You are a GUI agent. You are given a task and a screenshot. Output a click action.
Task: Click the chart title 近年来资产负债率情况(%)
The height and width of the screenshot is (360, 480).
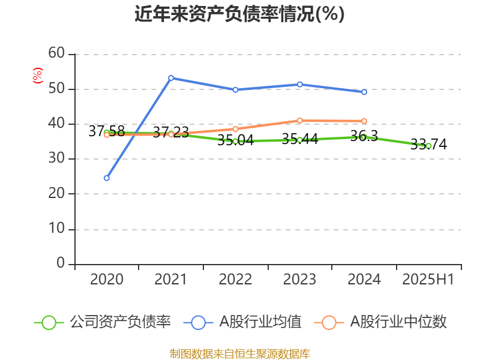240,14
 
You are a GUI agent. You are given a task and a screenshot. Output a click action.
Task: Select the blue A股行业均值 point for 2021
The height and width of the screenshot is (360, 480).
171,77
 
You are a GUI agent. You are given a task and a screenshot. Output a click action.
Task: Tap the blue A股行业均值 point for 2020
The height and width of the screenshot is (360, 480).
107,178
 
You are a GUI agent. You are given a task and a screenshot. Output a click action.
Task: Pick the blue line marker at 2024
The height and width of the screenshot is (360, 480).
364,92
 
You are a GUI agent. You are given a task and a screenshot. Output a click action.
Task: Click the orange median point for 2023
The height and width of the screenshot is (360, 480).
300,121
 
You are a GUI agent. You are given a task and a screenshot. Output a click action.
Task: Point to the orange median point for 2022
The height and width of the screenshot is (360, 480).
235,129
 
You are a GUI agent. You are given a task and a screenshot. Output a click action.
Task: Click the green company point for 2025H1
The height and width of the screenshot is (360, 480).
428,146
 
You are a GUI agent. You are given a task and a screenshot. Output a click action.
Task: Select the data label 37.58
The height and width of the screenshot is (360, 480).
106,131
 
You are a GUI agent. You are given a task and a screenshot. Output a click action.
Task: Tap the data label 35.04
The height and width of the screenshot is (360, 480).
235,140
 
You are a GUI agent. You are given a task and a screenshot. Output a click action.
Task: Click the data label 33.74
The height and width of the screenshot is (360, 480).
428,144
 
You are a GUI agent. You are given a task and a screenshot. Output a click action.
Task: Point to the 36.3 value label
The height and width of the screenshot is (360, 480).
364,136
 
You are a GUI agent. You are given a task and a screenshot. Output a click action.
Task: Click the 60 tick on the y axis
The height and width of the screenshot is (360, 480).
56,54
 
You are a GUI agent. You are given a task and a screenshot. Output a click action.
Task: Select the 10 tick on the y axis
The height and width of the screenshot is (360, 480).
56,229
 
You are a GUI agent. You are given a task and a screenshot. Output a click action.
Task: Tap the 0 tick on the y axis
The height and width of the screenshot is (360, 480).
61,264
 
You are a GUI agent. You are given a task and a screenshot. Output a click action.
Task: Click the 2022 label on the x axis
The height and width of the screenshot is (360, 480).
235,280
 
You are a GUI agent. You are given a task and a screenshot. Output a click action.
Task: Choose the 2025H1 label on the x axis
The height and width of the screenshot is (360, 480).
428,280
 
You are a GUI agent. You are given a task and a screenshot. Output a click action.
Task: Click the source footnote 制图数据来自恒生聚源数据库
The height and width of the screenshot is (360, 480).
240,353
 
